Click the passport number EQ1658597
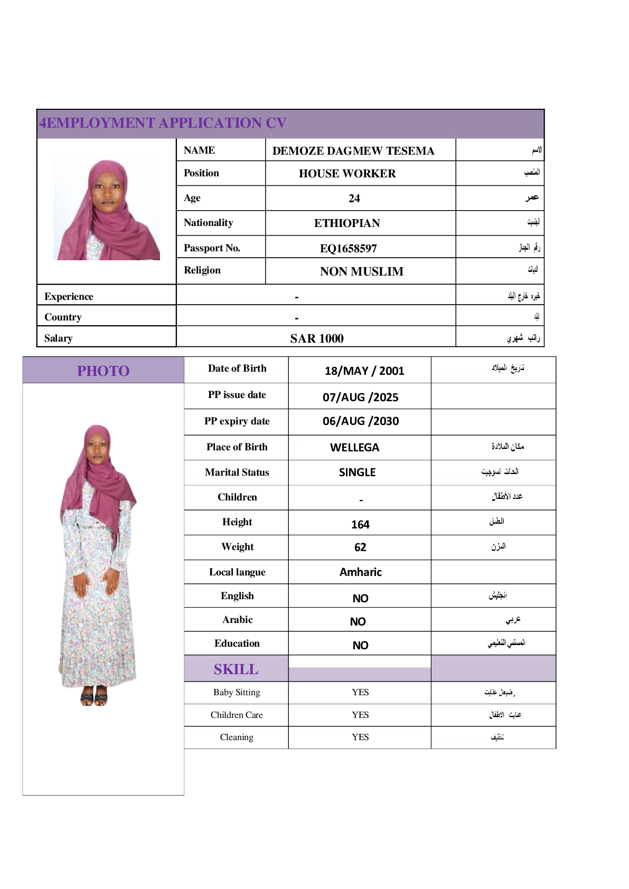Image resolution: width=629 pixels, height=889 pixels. [x=348, y=248]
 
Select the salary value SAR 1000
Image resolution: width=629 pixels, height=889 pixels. [x=317, y=338]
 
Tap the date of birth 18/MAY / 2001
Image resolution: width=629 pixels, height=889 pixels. [x=364, y=371]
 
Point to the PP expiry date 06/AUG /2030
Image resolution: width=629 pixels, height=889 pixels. [x=361, y=421]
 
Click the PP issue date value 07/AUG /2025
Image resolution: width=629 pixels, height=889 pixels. [x=360, y=397]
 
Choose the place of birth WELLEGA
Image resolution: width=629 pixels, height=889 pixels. [x=354, y=448]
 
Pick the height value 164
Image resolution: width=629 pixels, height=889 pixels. [x=360, y=524]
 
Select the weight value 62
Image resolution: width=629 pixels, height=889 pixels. [x=360, y=547]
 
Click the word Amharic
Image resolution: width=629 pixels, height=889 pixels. [x=360, y=572]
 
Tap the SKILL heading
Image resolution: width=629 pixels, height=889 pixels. [x=236, y=669]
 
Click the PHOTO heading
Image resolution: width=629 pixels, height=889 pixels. [x=104, y=371]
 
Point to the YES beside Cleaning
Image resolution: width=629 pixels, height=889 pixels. [x=360, y=737]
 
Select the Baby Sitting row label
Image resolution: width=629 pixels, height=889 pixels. [x=237, y=692]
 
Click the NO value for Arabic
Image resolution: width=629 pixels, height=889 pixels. [x=358, y=622]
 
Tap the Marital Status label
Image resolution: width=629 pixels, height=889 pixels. [x=237, y=472]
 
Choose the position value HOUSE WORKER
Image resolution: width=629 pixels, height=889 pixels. [x=347, y=174]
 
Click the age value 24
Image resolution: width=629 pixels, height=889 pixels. [x=354, y=198]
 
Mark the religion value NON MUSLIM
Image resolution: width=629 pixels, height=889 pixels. [x=361, y=271]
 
